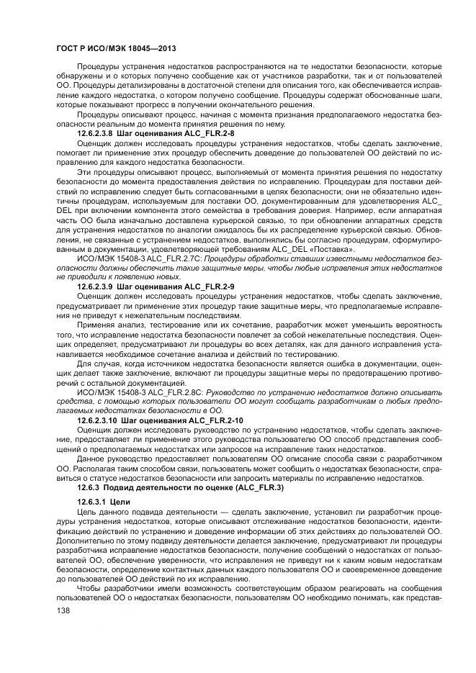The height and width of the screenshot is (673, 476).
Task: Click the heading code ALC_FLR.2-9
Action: coord(210,286)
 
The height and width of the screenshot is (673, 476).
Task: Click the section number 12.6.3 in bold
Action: coord(91,487)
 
